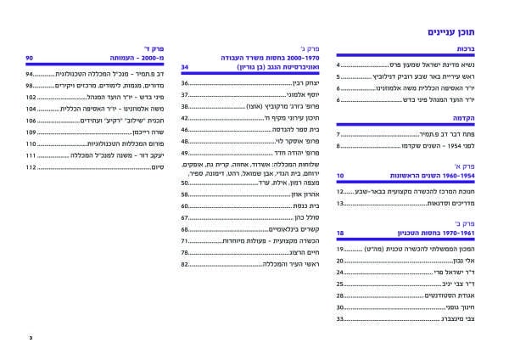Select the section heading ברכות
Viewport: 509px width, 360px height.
coord(476,52)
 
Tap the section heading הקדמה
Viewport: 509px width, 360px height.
coord(473,121)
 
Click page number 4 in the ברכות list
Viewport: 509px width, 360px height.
coord(338,65)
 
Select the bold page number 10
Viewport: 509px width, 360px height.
coord(340,175)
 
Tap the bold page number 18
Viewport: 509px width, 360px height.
coord(340,233)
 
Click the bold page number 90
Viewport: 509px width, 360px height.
coord(30,58)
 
